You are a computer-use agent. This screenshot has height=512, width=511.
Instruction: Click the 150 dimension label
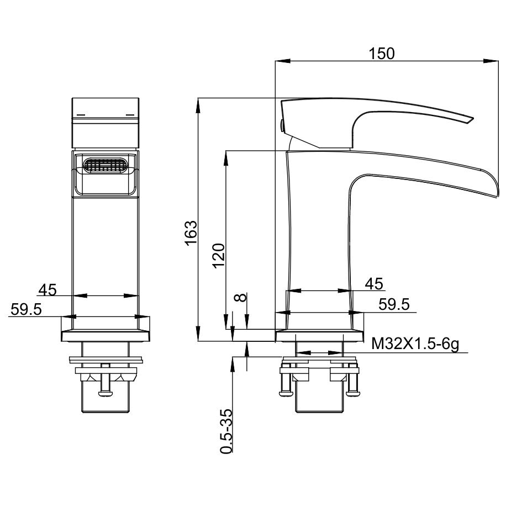point(381,54)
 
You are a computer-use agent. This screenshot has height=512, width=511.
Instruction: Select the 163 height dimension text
point(191,233)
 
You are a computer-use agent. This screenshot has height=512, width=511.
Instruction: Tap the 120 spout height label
point(219,256)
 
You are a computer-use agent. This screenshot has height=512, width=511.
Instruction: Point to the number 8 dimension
point(241,298)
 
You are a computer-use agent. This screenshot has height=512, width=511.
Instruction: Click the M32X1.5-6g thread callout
point(415,344)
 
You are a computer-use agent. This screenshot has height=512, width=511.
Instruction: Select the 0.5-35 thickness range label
point(226,431)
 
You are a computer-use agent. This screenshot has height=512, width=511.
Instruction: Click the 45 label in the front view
point(48,289)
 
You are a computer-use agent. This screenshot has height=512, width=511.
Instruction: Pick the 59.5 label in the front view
point(26,309)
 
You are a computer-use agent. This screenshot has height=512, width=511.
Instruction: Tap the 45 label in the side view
point(374,284)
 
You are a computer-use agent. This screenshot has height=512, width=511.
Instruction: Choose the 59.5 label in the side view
point(394,304)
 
